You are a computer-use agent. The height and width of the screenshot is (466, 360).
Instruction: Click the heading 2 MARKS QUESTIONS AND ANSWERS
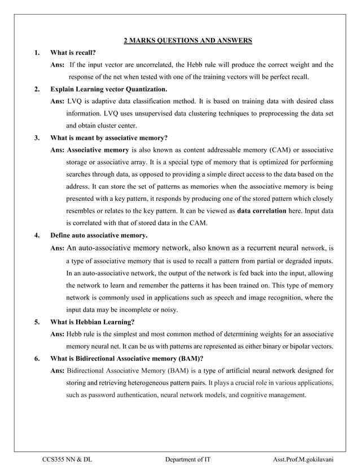tap(187, 40)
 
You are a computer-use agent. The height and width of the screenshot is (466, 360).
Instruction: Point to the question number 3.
tap(37, 137)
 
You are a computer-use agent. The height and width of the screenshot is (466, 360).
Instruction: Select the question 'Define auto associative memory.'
tap(99, 235)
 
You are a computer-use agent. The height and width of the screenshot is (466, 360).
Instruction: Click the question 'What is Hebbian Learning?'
tap(92, 322)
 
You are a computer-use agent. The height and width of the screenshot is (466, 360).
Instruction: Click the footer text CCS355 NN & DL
tap(67, 460)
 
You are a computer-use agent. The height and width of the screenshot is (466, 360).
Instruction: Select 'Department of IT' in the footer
tap(188, 460)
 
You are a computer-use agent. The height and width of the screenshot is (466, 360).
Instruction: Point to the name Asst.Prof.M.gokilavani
tap(302, 460)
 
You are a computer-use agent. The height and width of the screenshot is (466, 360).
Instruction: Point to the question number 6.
tap(37, 358)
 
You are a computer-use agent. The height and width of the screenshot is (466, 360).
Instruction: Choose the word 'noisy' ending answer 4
tap(167, 309)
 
